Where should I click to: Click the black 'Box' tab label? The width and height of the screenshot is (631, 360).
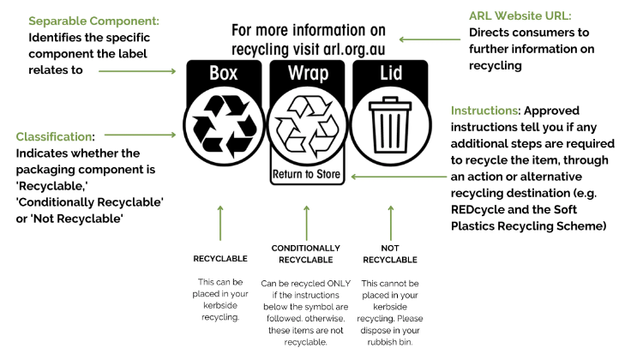coord(223,74)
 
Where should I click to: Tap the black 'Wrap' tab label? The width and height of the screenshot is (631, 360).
coord(307,74)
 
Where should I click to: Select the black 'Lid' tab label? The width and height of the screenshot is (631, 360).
coord(390,74)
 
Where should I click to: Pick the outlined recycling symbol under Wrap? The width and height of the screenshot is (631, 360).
coord(307,125)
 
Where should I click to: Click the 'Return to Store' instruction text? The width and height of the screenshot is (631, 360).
coord(307,176)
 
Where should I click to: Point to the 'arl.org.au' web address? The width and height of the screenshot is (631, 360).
coord(346,49)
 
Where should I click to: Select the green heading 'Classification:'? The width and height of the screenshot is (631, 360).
coord(56,136)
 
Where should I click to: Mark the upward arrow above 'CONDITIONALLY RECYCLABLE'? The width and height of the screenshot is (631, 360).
coord(306,221)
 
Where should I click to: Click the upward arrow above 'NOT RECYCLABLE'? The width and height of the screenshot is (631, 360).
coord(390,221)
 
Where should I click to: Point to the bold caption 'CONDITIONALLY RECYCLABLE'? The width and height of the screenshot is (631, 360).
coord(306,254)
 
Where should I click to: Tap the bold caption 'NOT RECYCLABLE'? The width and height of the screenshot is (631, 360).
coord(390,254)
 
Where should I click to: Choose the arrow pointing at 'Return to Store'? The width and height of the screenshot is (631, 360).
coord(395,177)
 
